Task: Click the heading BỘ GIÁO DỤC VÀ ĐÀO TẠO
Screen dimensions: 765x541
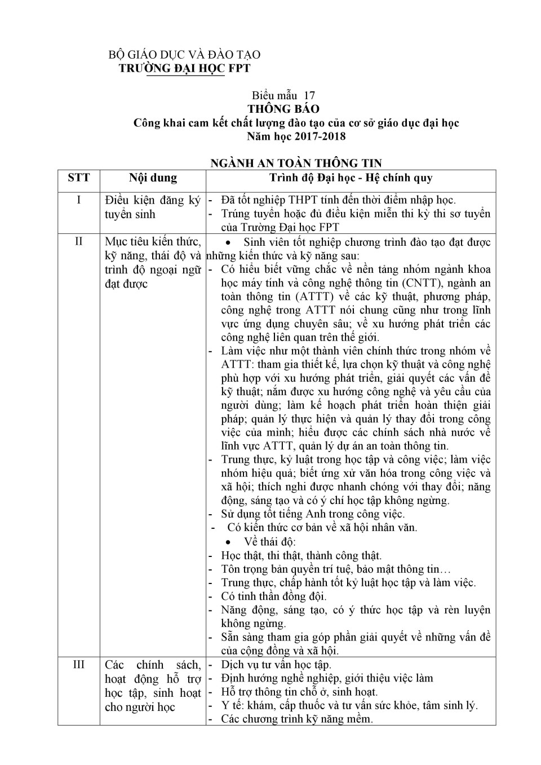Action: [184, 55]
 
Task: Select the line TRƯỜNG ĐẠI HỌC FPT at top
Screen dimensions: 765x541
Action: [184, 68]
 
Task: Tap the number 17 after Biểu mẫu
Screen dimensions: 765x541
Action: [309, 95]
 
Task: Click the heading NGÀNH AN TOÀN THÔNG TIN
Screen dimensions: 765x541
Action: [296, 163]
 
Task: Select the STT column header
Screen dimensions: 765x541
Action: [78, 178]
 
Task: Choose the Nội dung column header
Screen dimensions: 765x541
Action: [153, 178]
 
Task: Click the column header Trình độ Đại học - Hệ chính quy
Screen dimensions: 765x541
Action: [351, 178]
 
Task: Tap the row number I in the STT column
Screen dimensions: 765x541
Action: [78, 200]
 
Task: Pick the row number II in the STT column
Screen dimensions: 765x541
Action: [78, 242]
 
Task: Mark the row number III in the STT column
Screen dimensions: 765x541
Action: [78, 665]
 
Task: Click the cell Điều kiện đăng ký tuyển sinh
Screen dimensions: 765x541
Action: [153, 207]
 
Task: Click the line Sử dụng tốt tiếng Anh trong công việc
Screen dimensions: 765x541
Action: [313, 514]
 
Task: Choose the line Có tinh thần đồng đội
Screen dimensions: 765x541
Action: [274, 596]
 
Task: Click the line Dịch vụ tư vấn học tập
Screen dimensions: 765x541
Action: [276, 664]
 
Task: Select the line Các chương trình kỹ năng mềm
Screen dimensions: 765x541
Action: [296, 719]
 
